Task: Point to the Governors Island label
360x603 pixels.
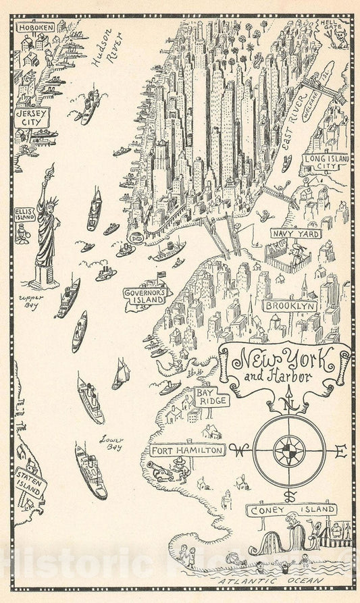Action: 144,294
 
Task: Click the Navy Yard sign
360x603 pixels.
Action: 295,234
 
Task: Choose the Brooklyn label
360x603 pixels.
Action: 290,306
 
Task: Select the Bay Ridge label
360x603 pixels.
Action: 211,398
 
